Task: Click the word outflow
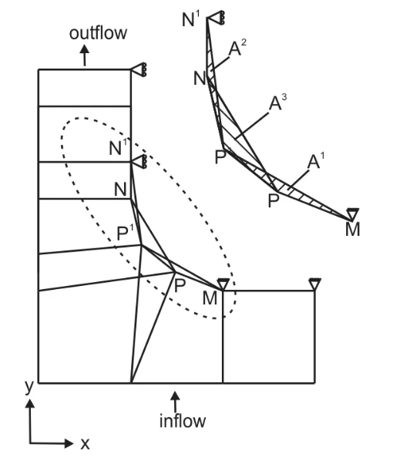[98, 33]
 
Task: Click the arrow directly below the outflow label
[85, 55]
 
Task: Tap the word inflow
[183, 421]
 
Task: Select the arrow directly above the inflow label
[175, 402]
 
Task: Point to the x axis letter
[85, 444]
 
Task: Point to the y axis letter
[29, 386]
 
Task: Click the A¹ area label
[316, 161]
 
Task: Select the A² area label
[237, 48]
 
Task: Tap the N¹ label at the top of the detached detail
[191, 19]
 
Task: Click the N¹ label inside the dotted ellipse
[118, 146]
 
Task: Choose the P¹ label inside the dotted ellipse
[125, 233]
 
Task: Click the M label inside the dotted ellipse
[210, 298]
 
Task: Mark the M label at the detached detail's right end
[352, 230]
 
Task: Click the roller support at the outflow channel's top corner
[139, 70]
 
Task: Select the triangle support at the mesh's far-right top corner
[314, 284]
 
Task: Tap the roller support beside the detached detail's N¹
[216, 18]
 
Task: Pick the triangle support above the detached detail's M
[352, 214]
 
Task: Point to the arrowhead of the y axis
[29, 403]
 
